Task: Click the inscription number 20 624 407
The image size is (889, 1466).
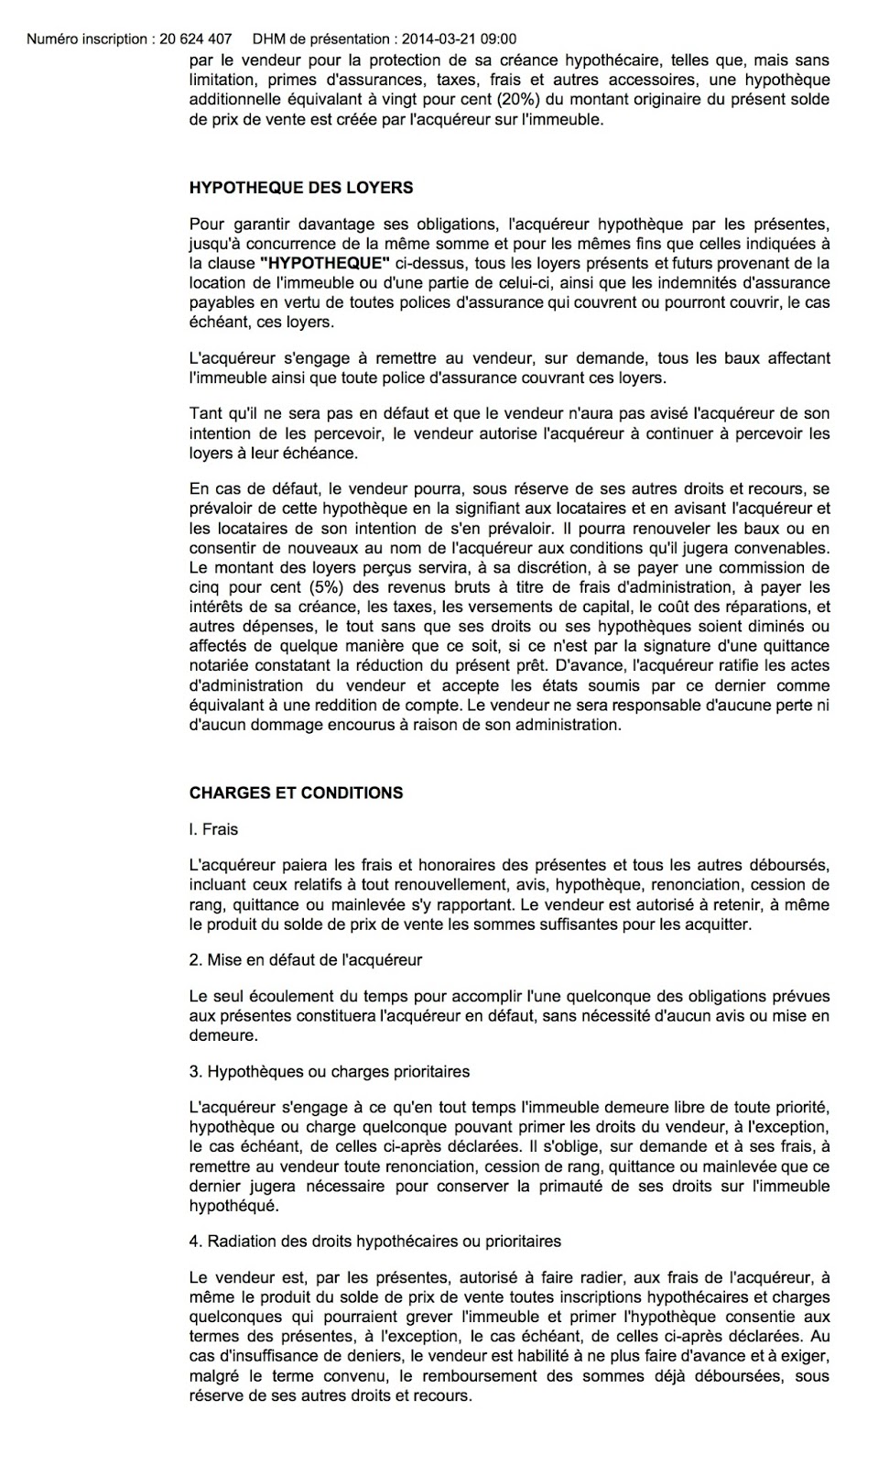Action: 195,39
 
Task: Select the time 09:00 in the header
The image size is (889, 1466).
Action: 498,39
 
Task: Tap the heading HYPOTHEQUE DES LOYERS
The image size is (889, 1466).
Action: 300,188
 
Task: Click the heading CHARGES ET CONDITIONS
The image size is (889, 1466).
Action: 296,793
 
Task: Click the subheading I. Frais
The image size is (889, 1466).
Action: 213,829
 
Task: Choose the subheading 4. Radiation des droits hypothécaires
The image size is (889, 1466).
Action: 375,1242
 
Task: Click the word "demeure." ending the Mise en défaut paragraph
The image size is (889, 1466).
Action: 222,1035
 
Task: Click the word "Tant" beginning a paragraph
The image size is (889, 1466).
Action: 206,413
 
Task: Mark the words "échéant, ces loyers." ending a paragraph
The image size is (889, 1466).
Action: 262,323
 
